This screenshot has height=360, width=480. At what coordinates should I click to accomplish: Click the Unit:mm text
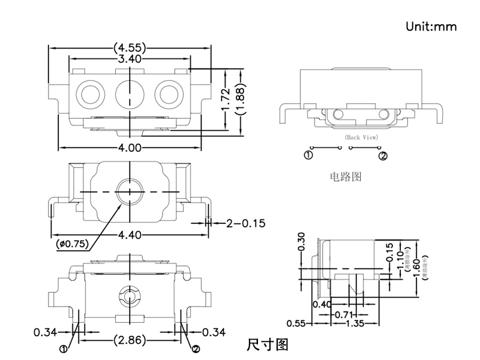pos(431,26)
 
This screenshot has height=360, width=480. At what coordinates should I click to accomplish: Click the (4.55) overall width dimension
pos(130,47)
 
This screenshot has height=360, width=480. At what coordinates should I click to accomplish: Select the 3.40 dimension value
pos(130,59)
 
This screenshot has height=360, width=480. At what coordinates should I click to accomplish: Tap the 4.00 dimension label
pos(130,147)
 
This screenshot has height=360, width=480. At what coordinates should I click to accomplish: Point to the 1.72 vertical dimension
pos(226,100)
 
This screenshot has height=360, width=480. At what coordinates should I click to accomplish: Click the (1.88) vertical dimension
pos(240,100)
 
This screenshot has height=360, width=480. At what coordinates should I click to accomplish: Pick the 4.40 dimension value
pos(130,235)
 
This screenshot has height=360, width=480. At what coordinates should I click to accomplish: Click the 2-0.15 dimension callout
pos(245,224)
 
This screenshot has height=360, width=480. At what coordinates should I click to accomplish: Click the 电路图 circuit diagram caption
pos(346,177)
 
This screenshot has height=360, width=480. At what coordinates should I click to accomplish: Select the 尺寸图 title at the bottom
pos(268,345)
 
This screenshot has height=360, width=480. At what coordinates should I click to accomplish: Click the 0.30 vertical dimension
pos(301,241)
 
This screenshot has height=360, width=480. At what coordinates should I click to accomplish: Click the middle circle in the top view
pos(129,94)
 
